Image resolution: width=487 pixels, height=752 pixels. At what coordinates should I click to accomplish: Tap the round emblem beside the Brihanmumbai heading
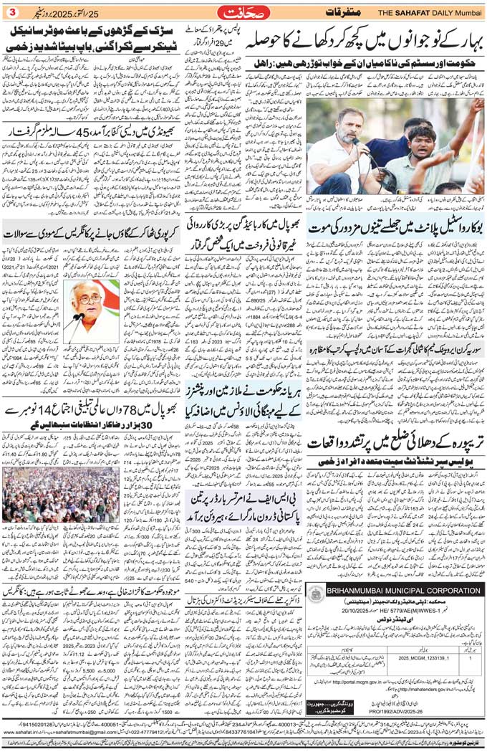(x=316, y=573)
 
